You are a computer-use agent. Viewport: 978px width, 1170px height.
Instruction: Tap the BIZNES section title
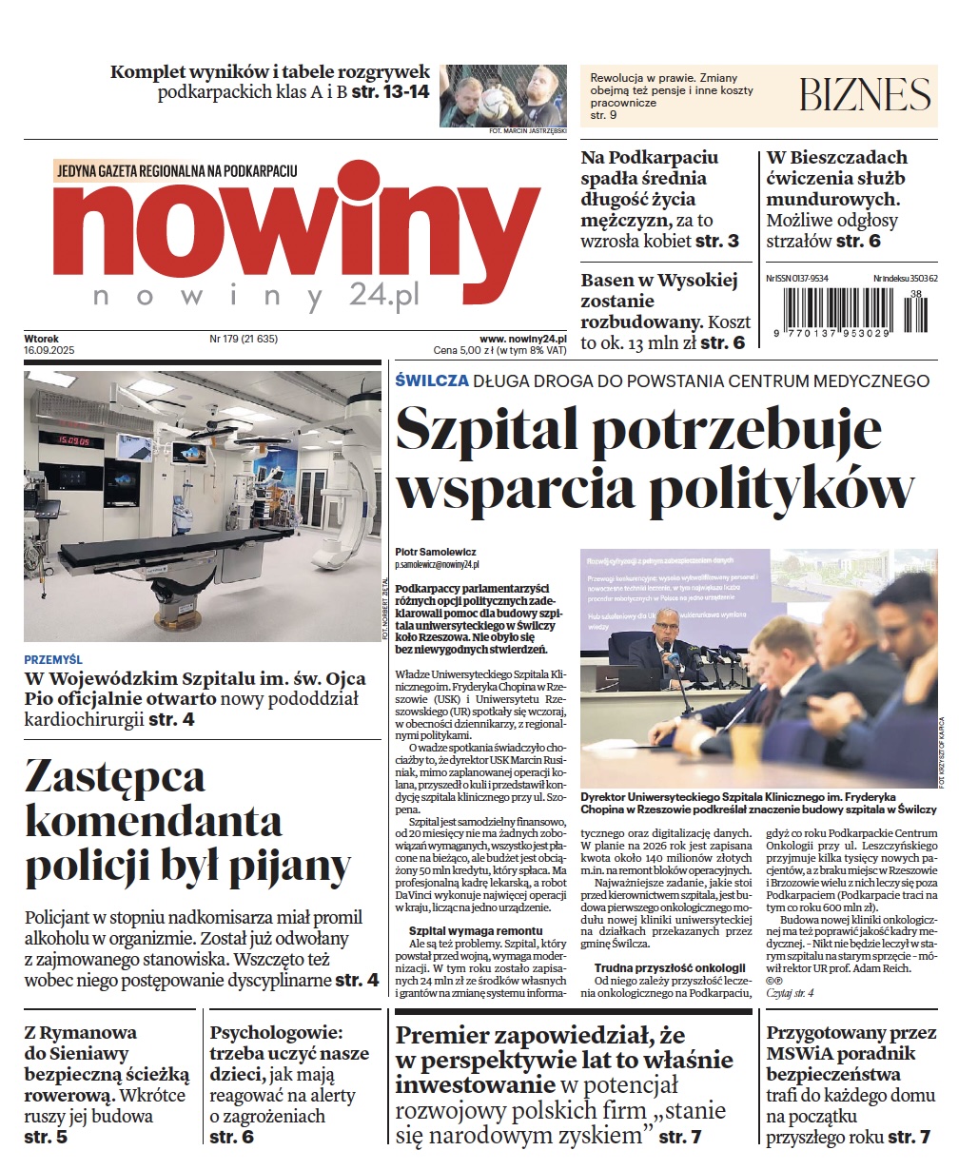[864, 95]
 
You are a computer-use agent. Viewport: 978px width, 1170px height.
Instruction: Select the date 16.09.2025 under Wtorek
[49, 351]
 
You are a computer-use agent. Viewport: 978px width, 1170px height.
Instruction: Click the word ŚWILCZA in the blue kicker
[432, 380]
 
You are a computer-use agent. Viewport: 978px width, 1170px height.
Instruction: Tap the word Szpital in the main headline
[486, 429]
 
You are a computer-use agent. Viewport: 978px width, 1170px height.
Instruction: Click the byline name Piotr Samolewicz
[436, 552]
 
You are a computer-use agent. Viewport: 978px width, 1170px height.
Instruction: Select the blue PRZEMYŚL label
[53, 659]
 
